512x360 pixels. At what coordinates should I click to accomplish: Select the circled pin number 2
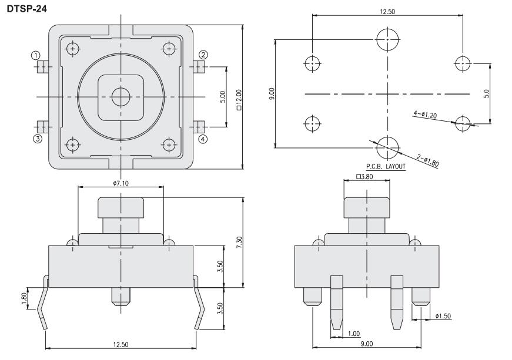[203, 55]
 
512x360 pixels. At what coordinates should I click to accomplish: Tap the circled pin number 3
[36, 139]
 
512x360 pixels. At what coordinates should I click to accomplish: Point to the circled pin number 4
[203, 139]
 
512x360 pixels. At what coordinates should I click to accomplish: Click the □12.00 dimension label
[239, 97]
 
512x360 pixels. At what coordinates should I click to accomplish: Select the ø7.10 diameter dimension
[121, 183]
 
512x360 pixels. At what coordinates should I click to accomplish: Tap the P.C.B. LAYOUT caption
[386, 167]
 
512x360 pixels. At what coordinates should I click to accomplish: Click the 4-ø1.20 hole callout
[424, 113]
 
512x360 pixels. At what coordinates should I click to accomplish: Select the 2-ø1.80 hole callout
[427, 160]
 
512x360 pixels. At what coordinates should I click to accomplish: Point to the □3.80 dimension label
[366, 176]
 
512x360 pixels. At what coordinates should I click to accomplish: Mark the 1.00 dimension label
[353, 333]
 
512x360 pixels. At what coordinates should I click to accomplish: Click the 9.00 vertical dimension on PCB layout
[271, 93]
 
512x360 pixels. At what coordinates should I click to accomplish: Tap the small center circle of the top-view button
[121, 96]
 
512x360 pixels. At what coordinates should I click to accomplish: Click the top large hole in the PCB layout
[387, 39]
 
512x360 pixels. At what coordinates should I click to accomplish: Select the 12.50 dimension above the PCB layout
[387, 11]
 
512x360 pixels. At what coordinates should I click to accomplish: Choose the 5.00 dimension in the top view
[222, 97]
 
